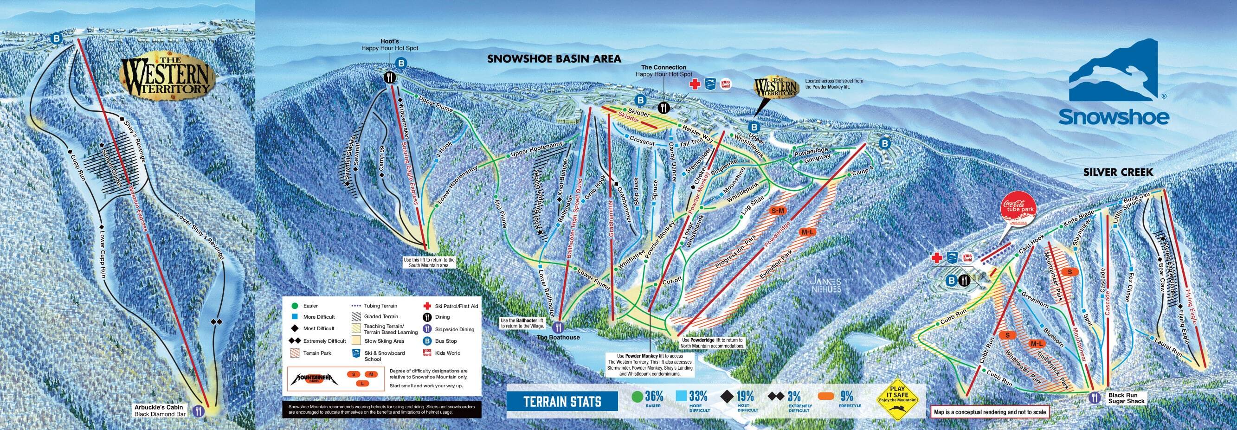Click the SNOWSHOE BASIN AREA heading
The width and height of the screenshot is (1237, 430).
[554, 59]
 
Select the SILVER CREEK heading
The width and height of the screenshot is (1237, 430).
[1118, 172]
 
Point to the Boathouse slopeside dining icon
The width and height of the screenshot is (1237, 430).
[558, 328]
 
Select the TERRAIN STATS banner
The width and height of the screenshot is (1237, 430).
[562, 401]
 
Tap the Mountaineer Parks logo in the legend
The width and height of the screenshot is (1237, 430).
[312, 379]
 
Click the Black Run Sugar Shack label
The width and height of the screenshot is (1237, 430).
[1125, 398]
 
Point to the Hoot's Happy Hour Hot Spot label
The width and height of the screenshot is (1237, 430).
[389, 45]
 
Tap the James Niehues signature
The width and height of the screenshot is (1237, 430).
[825, 286]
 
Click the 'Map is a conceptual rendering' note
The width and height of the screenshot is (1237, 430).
[989, 412]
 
